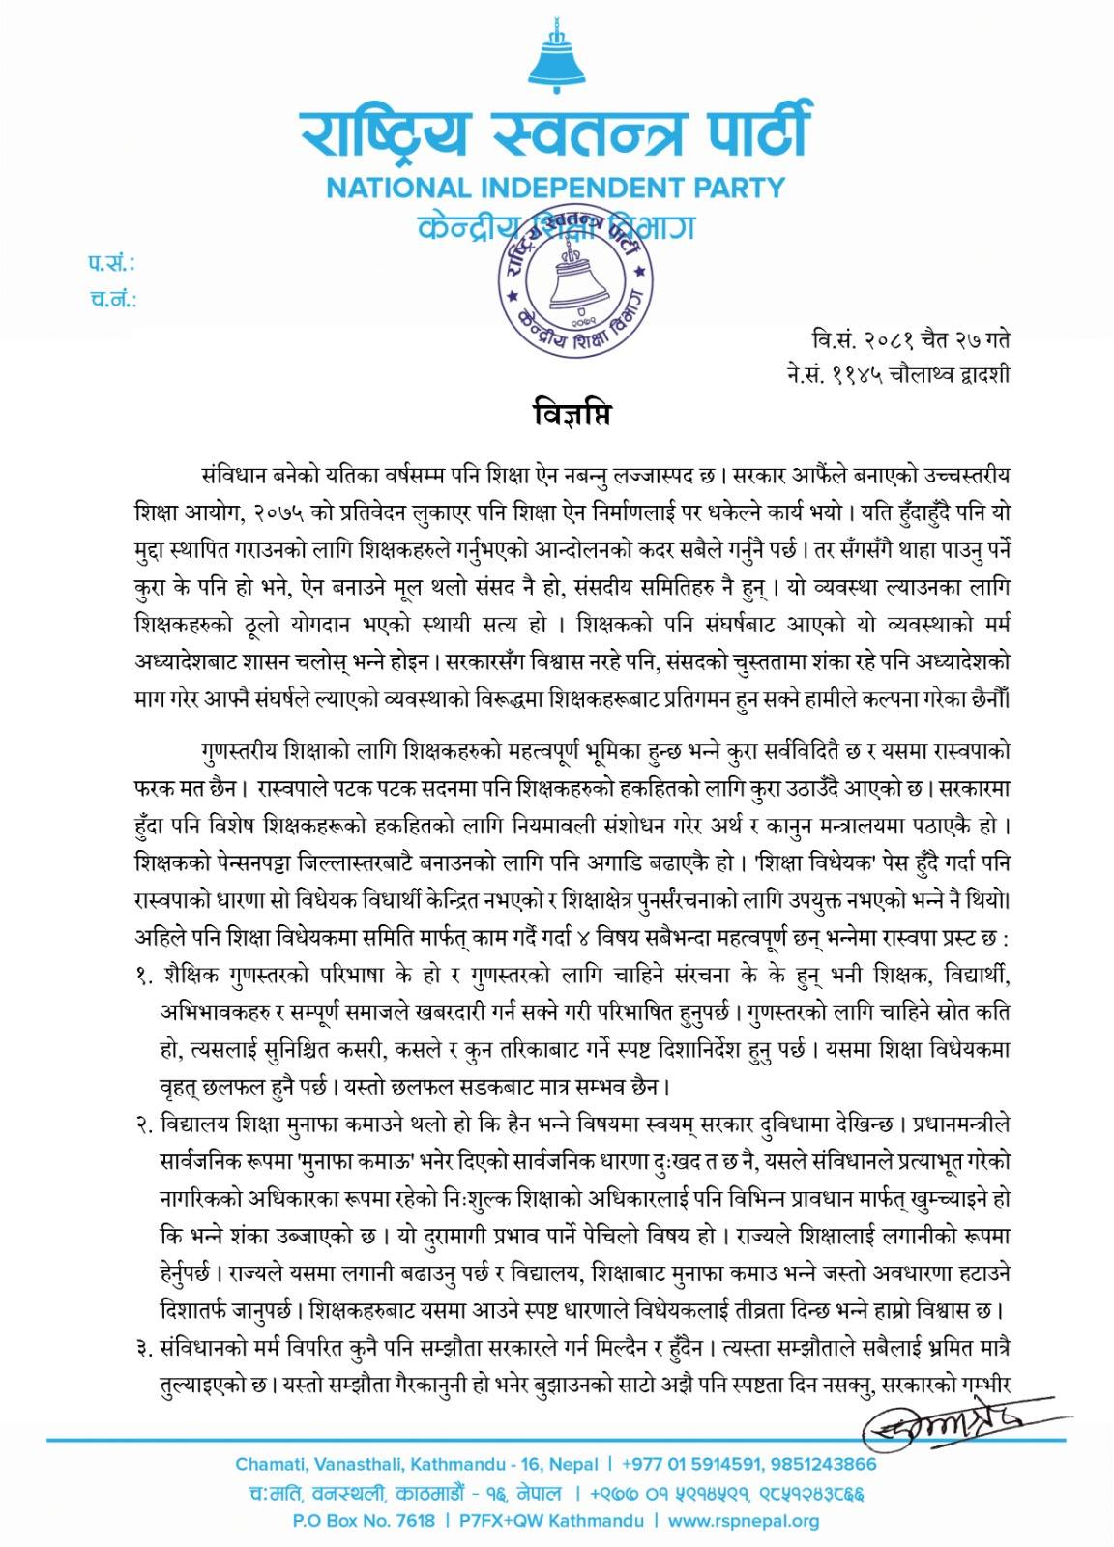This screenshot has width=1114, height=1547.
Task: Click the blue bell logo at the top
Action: point(556,55)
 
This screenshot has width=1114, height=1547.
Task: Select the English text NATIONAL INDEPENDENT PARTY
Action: point(556,187)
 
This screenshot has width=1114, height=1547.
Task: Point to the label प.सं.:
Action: point(111,264)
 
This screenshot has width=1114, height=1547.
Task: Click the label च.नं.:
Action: point(111,299)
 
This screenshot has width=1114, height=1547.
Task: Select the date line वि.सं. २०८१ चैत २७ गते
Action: point(911,340)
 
